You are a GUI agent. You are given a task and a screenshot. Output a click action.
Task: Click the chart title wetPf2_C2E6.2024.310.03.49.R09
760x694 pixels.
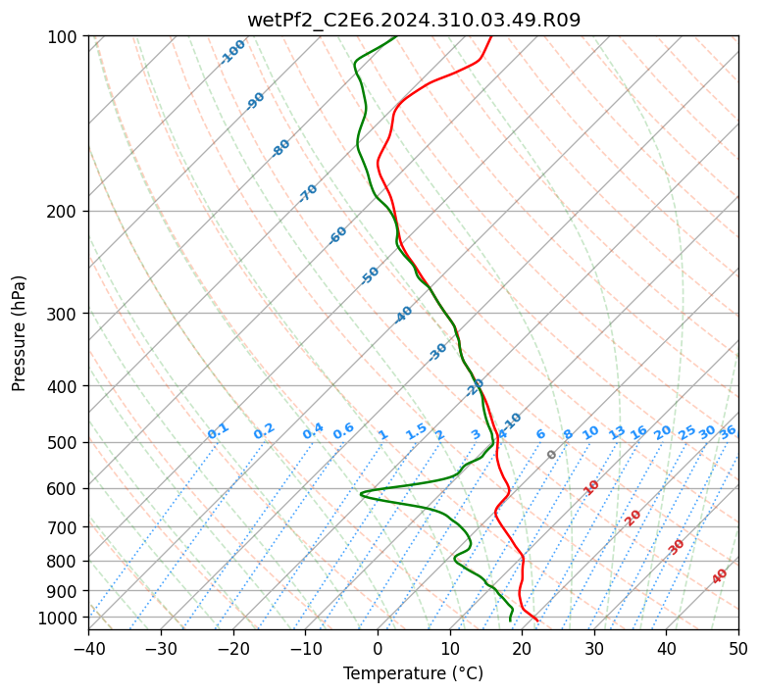pos(414,21)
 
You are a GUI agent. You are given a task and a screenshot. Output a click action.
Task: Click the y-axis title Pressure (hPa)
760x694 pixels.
pos(19,333)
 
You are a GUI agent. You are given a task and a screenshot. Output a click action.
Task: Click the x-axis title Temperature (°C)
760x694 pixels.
pos(413,673)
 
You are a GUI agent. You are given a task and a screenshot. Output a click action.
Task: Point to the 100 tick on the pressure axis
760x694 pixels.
pos(61,37)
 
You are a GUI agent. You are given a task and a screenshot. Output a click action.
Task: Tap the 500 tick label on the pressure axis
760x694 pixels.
pos(61,443)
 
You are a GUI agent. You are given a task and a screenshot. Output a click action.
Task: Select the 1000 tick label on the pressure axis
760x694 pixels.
pos(57,619)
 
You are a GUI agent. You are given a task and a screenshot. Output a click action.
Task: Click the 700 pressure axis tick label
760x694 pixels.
pos(61,527)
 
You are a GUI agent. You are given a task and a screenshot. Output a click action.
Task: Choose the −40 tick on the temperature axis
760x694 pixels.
pos(88,649)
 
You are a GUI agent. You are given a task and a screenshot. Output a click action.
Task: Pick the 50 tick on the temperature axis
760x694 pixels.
pos(738,649)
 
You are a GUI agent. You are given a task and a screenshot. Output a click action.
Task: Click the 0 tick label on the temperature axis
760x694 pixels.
pos(379,649)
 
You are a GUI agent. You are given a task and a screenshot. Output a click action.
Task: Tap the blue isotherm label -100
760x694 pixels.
pos(232,52)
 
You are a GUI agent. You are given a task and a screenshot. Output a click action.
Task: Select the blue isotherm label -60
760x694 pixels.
pos(337,235)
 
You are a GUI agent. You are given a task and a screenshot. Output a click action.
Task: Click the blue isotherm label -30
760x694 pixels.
pos(437,352)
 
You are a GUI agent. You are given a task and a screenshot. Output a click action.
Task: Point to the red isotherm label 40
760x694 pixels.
pos(720,576)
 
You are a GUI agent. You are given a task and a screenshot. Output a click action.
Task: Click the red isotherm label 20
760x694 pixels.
pos(633,519)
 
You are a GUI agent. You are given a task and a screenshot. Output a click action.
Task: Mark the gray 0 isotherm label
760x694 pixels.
pos(551,455)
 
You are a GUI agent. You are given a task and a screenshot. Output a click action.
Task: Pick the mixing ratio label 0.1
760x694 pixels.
pos(218,431)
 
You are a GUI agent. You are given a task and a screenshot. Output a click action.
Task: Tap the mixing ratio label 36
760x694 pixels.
pos(728,432)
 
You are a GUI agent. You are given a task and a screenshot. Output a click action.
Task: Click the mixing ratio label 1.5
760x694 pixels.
pos(417,432)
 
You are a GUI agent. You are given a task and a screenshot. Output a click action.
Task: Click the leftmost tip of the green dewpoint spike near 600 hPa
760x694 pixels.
pos(361,494)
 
